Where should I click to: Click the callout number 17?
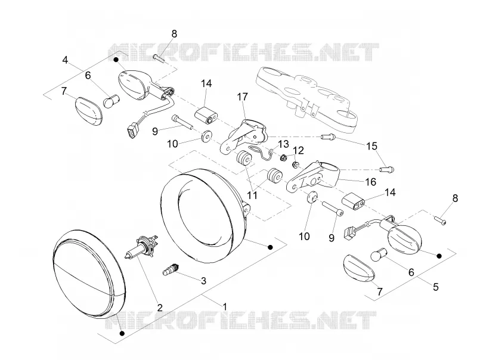[243, 97]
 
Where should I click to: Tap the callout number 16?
[370, 182]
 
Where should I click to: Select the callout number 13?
[283, 144]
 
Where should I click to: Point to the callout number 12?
[299, 150]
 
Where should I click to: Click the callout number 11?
[252, 195]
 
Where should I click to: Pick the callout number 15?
[371, 146]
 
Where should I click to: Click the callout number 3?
[203, 280]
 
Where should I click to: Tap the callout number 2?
[160, 307]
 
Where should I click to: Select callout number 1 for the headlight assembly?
[225, 306]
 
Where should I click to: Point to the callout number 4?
[65, 60]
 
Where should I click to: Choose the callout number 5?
[436, 287]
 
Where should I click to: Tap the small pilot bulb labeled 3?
[172, 269]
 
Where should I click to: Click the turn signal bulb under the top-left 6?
[110, 101]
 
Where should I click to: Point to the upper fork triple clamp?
[306, 97]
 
